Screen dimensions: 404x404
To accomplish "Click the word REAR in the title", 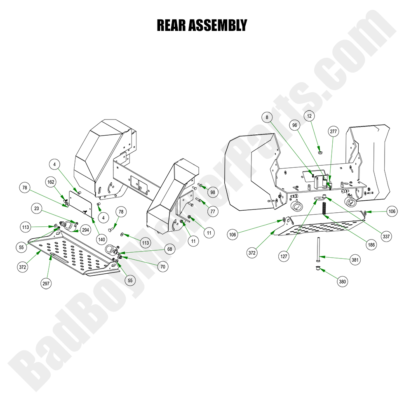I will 171,26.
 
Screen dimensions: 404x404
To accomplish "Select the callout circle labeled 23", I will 37,209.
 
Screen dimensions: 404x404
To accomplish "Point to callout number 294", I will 85,230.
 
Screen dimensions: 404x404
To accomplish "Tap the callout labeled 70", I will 163,267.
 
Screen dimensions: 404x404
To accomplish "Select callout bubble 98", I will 213,193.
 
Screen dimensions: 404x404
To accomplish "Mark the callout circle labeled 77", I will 213,211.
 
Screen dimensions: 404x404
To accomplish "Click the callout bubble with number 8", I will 267,117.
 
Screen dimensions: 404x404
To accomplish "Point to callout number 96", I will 294,125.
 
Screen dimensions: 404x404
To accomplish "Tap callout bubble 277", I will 333,132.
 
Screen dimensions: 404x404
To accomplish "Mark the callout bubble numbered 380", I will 342,282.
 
